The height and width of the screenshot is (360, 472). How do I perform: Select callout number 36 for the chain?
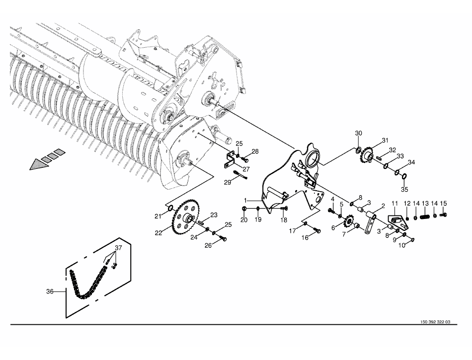pos(50,291)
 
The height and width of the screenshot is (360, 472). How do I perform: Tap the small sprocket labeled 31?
pos(367,155)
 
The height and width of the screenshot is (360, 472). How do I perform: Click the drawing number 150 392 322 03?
pos(435,322)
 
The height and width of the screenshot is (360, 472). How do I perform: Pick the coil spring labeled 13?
pos(425,216)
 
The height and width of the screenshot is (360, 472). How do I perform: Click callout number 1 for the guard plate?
pos(245,200)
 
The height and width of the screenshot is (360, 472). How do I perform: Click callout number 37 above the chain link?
pos(119,248)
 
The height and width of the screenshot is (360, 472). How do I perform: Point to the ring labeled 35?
pos(405,176)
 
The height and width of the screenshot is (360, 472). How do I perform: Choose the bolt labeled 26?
pos(223,238)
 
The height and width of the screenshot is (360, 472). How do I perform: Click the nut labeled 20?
pos(244,209)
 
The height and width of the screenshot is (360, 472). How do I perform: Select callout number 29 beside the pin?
pos(228,182)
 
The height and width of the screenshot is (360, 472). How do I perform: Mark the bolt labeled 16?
pos(316,231)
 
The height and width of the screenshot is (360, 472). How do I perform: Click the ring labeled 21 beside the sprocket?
pos(170,208)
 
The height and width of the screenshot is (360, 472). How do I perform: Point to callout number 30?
pos(359,133)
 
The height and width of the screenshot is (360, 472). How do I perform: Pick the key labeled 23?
pos(202,222)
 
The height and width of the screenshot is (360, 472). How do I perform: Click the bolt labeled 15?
pos(443,215)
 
